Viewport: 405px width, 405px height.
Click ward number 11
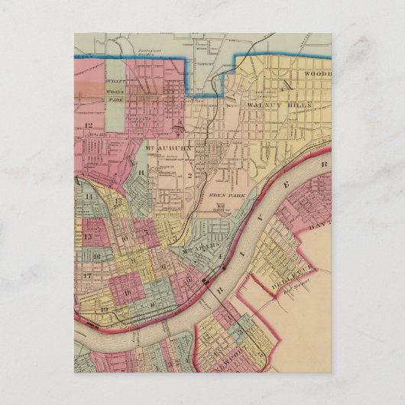[89, 197]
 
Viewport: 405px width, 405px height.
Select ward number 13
[118, 201]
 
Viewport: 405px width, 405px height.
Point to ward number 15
[89, 238]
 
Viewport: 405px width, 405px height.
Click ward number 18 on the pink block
[127, 292]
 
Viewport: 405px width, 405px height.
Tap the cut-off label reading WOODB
[316, 74]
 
